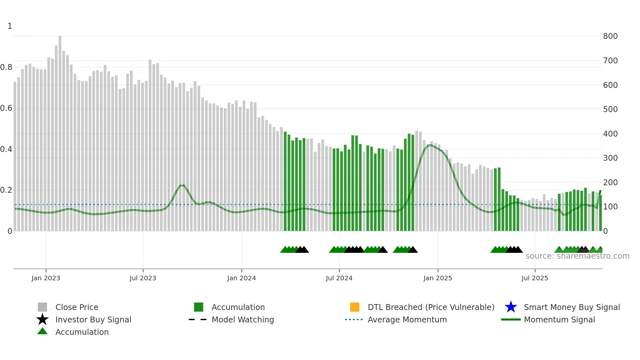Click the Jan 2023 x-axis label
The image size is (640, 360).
tap(46, 278)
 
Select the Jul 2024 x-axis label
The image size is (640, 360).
tap(339, 278)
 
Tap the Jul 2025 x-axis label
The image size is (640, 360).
tap(535, 278)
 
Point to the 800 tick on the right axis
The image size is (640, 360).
tap(610, 36)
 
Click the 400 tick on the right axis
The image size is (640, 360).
tap(610, 134)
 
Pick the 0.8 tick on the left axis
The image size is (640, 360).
tap(6, 67)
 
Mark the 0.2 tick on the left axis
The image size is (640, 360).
tap(6, 190)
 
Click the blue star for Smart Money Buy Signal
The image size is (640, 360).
tap(511, 307)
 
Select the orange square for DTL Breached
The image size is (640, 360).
tap(355, 307)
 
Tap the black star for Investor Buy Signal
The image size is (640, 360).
tap(42, 319)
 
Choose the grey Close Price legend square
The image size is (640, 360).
tap(42, 307)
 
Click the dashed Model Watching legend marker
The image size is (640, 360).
tap(198, 319)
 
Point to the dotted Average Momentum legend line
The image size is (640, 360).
tap(354, 319)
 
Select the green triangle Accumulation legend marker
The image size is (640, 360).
tap(42, 331)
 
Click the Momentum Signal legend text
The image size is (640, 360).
tap(559, 319)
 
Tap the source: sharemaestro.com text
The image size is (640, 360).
tap(577, 256)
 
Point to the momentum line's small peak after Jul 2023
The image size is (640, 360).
tap(182, 185)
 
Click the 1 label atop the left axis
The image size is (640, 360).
tap(10, 26)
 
